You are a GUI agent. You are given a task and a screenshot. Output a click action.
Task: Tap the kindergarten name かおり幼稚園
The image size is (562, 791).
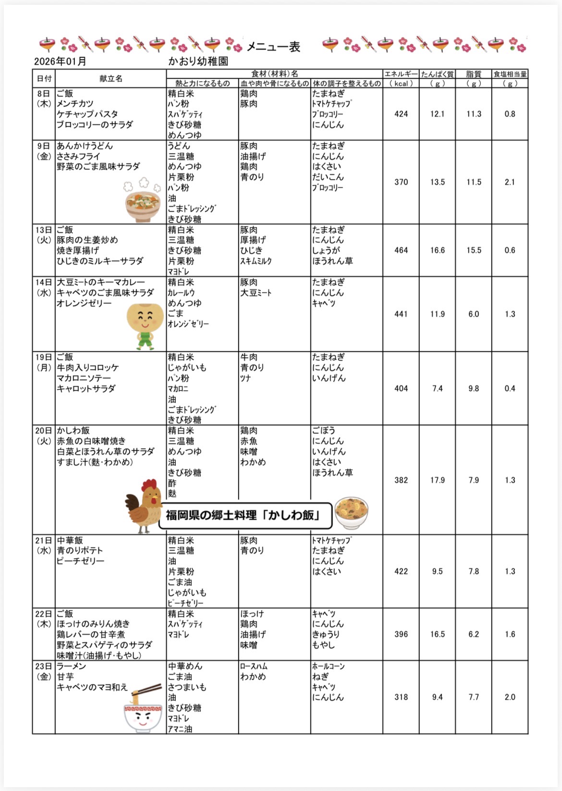tap(198, 61)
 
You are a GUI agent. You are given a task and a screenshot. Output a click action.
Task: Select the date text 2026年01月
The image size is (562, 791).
tap(60, 61)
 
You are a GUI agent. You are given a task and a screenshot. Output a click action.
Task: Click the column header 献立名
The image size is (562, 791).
tap(111, 78)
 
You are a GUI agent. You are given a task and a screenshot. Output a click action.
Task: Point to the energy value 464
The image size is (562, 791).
tap(401, 250)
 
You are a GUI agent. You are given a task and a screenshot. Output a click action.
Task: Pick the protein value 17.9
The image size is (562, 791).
tap(437, 480)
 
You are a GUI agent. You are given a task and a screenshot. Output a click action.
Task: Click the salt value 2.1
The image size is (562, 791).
tap(510, 182)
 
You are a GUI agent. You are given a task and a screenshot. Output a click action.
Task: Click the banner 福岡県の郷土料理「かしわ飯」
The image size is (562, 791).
tap(245, 516)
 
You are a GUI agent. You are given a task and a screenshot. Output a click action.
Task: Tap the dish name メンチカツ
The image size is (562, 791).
tap(75, 104)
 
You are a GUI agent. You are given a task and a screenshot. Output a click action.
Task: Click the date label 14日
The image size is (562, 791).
tap(43, 282)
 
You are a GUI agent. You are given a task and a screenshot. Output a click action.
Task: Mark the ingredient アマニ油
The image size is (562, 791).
tap(180, 729)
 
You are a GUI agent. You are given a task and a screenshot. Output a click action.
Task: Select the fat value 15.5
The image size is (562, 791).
tap(474, 250)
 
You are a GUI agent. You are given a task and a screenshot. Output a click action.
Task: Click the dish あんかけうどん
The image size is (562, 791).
tap(85, 146)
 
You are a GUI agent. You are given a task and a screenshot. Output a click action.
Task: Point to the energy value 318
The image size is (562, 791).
tap(401, 697)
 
